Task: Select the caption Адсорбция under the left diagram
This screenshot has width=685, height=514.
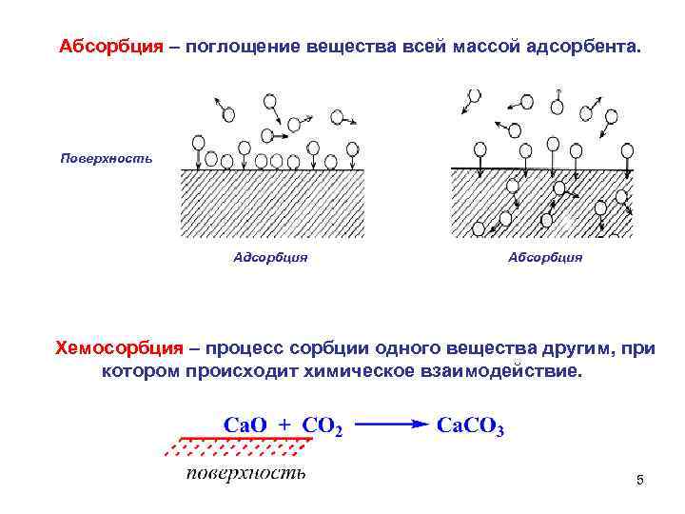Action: tap(270, 257)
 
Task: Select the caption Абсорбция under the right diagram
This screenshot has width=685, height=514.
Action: tap(545, 257)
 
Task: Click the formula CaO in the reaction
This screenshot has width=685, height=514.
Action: tap(246, 425)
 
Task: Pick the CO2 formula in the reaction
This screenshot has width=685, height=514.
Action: tap(322, 425)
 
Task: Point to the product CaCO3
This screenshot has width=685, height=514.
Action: tap(470, 425)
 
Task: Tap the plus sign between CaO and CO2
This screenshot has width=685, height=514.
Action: tap(284, 425)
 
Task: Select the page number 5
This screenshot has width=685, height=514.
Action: tap(639, 481)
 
